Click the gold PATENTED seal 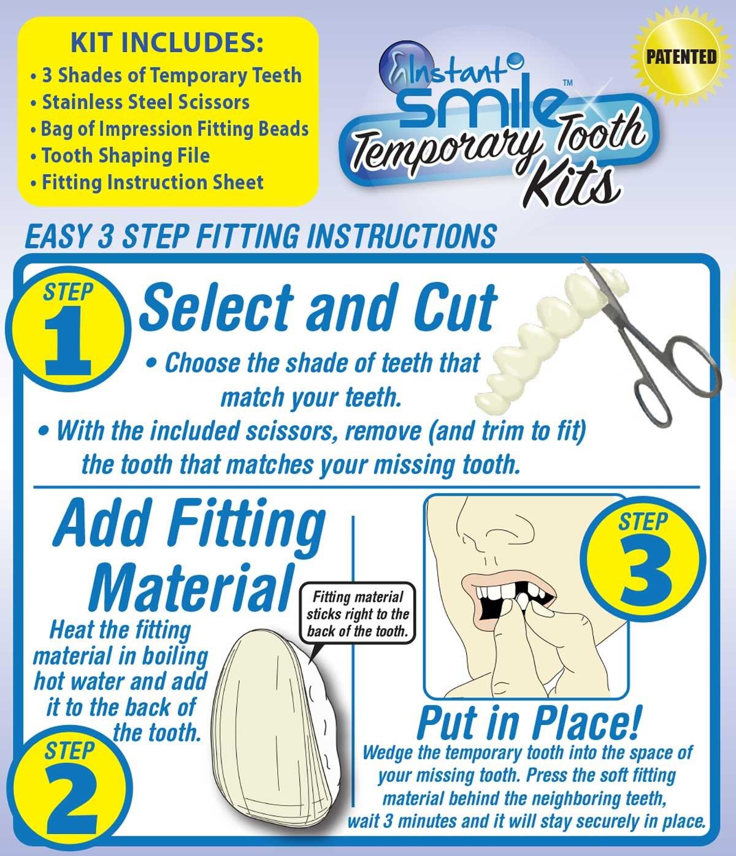click(x=681, y=57)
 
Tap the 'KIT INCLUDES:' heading click(x=167, y=42)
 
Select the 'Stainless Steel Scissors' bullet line click(x=140, y=102)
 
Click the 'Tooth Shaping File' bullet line click(x=120, y=156)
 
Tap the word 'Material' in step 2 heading click(x=189, y=587)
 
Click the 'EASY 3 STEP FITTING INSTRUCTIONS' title click(x=261, y=236)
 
